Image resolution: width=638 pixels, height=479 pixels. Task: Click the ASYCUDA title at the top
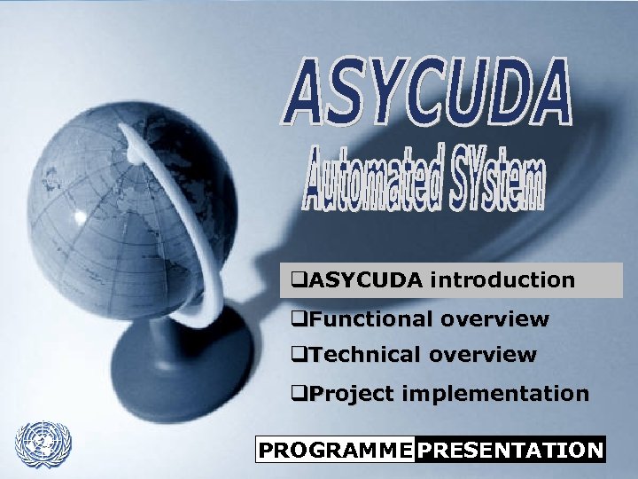tap(428, 92)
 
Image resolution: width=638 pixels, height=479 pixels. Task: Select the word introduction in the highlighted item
tap(502, 280)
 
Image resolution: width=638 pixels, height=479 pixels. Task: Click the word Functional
tap(370, 318)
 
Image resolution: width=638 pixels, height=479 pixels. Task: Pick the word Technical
tap(364, 355)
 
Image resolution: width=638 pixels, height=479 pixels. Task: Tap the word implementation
tap(494, 394)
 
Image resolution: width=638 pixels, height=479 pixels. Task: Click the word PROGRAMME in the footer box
tap(335, 450)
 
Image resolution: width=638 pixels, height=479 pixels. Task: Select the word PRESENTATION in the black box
tap(510, 450)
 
